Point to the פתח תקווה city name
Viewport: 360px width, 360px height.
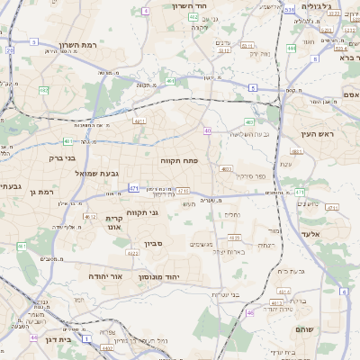pos(179,159)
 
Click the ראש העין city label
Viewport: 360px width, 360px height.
pos(318,134)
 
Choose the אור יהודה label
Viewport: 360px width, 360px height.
pos(105,276)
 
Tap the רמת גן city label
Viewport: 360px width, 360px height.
pos(40,191)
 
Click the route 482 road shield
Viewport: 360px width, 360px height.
pos(43,90)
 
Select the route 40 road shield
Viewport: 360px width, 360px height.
pos(207,130)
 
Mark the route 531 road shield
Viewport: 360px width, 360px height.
pos(290,11)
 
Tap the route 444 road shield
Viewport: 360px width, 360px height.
pos(292,48)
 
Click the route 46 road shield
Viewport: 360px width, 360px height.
pos(249,312)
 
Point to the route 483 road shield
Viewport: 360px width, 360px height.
pos(249,121)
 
